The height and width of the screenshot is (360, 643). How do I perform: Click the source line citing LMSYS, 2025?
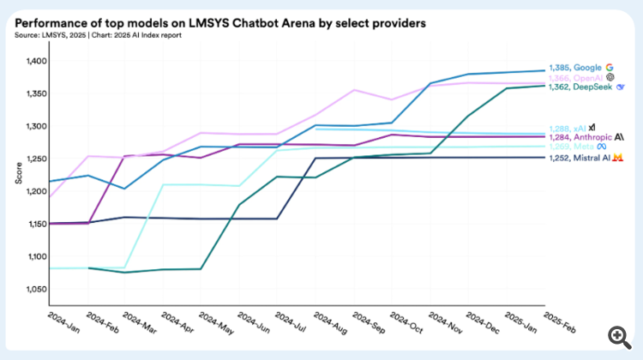point(89,36)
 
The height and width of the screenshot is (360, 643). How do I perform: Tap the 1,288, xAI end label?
point(568,128)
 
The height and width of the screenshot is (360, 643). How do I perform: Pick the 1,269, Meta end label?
point(569,147)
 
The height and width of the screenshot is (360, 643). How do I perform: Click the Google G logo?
point(610,67)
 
